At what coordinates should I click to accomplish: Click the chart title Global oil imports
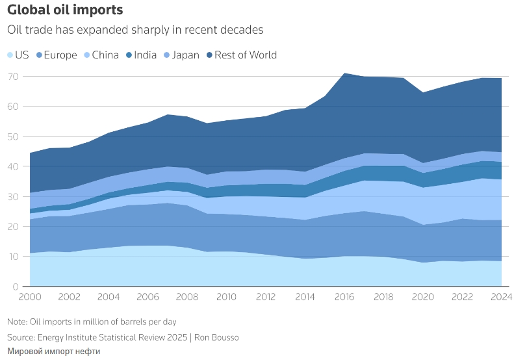coord(64,11)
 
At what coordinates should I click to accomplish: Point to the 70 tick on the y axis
coord(13,76)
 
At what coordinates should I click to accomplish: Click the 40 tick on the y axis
coord(13,166)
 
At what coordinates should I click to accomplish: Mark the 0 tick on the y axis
coord(16,287)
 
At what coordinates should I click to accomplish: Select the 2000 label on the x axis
coord(31,298)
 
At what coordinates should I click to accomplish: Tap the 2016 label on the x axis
coord(344,298)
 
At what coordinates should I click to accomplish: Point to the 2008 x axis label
coord(188,298)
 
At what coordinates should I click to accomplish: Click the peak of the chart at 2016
coord(344,73)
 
